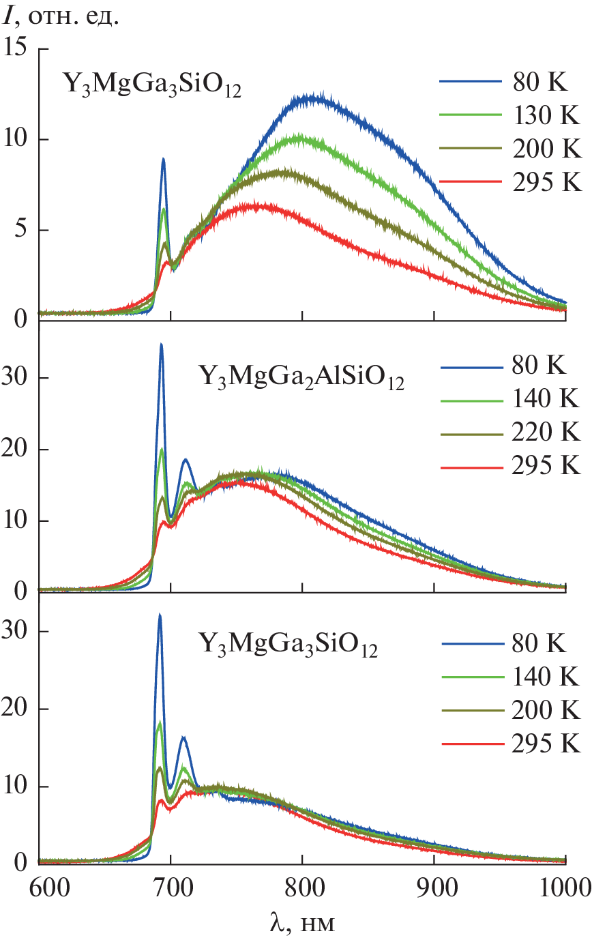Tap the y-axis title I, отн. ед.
[61, 15]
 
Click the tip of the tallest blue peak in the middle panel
[162, 344]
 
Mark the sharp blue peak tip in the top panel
[164, 159]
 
